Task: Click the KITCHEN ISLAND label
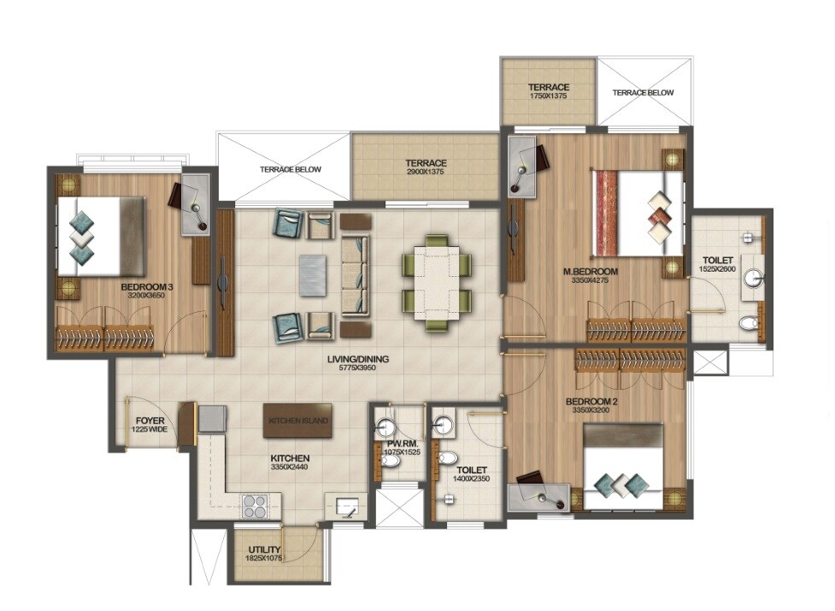297,420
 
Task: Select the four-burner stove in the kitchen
255,506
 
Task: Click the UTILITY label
265,550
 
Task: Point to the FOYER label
149,420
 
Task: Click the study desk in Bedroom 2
538,496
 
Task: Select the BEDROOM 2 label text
590,401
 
